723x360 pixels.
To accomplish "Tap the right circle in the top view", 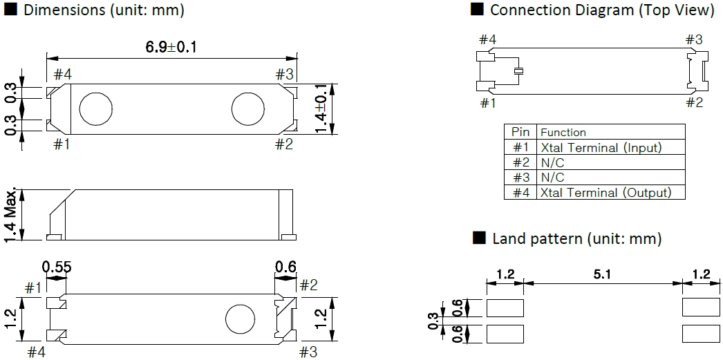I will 247,108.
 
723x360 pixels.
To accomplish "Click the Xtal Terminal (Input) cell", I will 601,147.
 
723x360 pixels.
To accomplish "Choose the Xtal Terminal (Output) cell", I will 605,193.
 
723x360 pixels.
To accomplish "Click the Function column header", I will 563,132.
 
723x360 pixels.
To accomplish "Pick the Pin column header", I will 520,132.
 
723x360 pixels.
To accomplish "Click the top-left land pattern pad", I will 505,306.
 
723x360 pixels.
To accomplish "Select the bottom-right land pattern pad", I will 700,334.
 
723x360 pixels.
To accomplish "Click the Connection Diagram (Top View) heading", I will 601,10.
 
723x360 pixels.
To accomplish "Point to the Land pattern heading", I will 576,239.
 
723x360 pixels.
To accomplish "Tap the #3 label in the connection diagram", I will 694,39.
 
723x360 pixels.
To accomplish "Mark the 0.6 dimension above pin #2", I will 285,266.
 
